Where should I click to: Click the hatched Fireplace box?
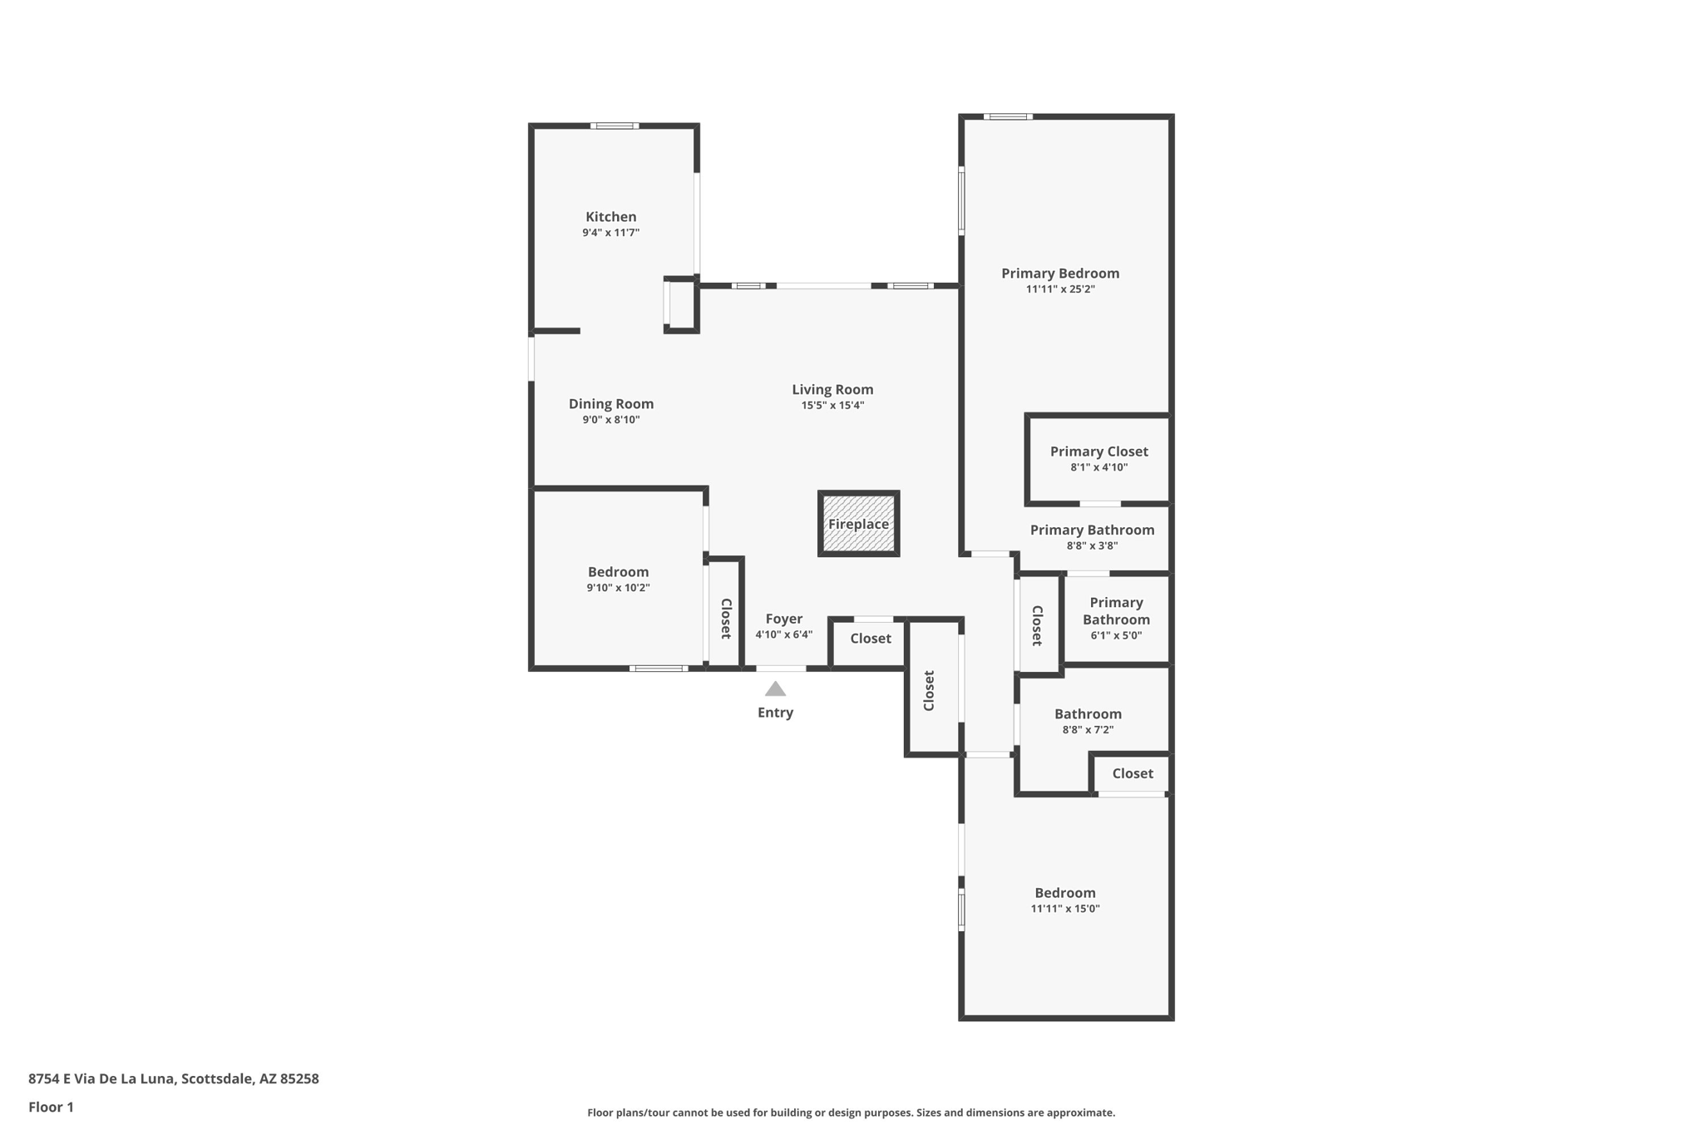(858, 524)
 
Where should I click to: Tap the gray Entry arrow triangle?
(775, 688)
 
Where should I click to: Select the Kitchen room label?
(610, 217)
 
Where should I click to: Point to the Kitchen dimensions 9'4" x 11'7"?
(610, 233)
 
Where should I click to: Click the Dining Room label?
(610, 404)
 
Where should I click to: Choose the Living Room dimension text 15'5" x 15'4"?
(832, 406)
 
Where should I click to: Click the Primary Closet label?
(1098, 452)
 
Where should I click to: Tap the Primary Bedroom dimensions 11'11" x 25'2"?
(1059, 289)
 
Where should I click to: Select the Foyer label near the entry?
(783, 619)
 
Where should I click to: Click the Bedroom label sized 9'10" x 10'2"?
(618, 572)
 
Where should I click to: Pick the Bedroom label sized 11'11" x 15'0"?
(1064, 893)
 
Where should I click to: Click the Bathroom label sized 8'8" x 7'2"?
(1088, 714)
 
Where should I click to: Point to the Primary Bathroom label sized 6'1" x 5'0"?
(1116, 611)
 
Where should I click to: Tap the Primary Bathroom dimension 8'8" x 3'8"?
(1092, 546)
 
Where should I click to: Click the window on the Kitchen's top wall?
(615, 126)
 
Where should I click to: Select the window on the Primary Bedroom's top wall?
(1008, 116)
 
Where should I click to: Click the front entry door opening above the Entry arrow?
(780, 669)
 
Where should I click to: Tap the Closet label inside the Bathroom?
(1132, 773)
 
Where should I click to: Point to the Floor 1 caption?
(51, 1107)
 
